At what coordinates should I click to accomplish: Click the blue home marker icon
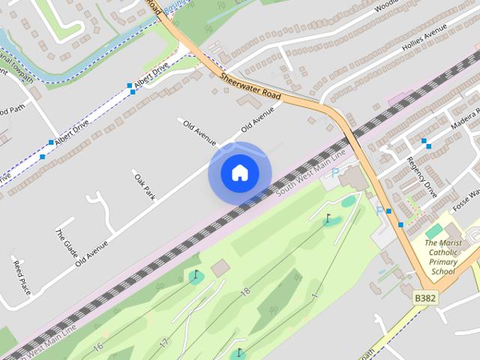[x=239, y=173]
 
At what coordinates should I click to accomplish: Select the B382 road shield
[x=424, y=298]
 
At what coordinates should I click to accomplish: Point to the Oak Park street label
[x=144, y=187]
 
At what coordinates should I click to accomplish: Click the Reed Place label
[x=21, y=275]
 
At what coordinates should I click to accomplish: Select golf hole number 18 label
[x=244, y=291]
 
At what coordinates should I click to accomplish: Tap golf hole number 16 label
[x=98, y=346]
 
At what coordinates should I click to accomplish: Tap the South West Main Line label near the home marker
[x=310, y=173]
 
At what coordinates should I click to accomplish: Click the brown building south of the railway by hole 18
[x=220, y=268]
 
